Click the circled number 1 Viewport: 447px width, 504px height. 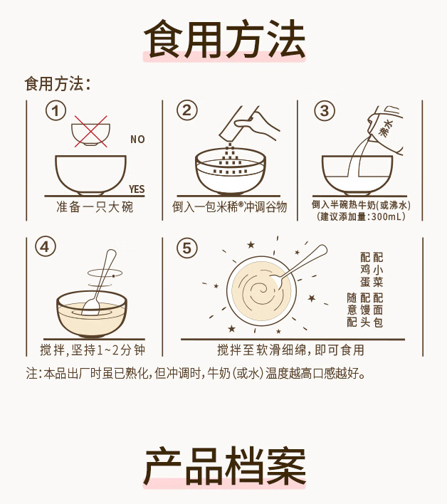pos(56,111)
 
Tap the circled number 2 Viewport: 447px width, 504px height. pos(186,110)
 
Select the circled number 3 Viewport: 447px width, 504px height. pos(325,111)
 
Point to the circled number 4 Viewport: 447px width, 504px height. pos(46,247)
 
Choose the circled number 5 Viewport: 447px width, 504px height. pos(186,248)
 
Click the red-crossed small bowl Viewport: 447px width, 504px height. pos(90,132)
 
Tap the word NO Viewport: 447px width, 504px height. pos(137,140)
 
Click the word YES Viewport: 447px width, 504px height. pos(137,189)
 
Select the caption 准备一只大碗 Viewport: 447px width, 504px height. pos(95,206)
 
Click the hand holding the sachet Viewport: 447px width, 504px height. pos(257,124)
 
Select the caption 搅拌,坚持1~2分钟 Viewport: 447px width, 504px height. pos(93,350)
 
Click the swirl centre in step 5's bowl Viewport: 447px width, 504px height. pos(262,288)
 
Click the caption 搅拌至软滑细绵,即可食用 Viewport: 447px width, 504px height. pos(291,350)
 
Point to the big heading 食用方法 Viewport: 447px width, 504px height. pos(224,39)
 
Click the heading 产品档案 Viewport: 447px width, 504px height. pos(224,466)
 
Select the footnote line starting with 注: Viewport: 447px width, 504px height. pos(195,374)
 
